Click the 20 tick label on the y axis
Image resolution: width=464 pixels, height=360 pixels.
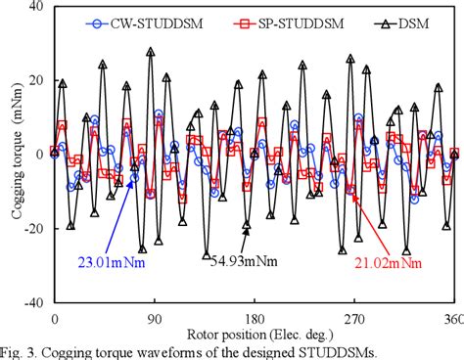[36, 79]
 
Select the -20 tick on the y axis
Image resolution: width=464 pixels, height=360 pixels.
[34, 228]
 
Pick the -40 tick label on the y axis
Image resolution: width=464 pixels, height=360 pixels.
[34, 302]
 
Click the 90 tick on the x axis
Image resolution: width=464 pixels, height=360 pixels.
[154, 318]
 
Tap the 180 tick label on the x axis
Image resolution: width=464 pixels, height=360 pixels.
[255, 318]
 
